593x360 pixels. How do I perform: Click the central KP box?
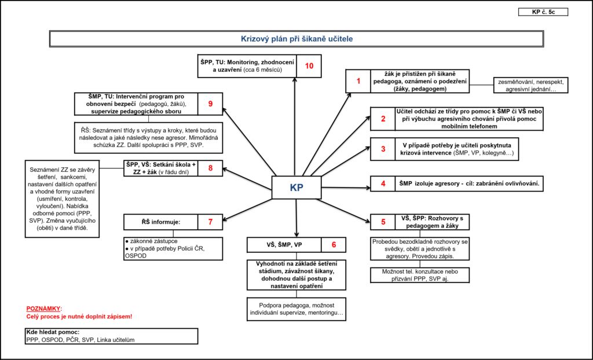(296, 188)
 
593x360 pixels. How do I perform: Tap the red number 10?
(309, 66)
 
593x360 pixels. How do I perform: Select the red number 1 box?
(358, 81)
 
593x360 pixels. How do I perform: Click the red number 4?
(383, 184)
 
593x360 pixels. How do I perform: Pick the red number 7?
(210, 222)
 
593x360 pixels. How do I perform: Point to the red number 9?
(210, 104)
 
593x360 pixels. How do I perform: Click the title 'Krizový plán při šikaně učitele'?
(297, 39)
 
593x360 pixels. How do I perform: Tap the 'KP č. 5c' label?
(543, 12)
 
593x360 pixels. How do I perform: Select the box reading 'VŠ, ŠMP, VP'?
(284, 245)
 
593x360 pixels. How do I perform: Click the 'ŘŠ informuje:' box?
(161, 222)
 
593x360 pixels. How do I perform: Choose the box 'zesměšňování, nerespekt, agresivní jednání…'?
(531, 85)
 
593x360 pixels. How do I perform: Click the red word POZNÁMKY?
(43, 308)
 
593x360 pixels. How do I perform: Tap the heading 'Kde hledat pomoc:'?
(53, 332)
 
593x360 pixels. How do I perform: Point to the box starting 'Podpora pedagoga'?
(296, 309)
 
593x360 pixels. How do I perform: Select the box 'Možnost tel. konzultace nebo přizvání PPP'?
(420, 275)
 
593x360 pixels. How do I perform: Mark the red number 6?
(334, 245)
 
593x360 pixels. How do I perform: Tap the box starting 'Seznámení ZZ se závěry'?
(63, 199)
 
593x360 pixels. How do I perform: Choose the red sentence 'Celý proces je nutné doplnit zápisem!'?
(79, 317)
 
